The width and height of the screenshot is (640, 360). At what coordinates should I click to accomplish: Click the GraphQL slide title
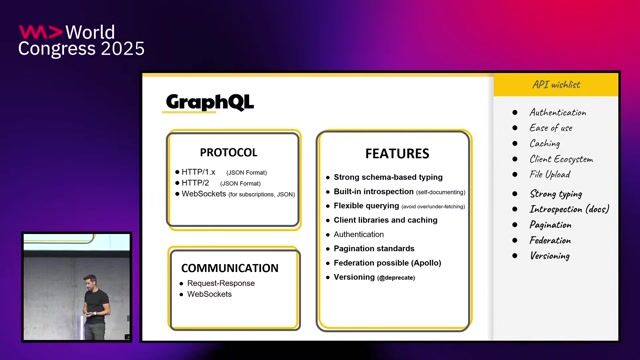(x=210, y=102)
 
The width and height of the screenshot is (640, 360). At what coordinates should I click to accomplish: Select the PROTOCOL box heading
(x=228, y=153)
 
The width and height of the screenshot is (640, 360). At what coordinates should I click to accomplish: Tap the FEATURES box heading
(x=396, y=154)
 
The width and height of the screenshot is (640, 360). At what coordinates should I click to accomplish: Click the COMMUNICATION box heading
(x=230, y=268)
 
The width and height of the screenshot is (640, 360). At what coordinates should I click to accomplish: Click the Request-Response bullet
(x=220, y=283)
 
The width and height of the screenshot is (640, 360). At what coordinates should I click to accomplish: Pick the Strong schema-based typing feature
(x=388, y=177)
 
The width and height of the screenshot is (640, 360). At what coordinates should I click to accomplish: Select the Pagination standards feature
(x=374, y=248)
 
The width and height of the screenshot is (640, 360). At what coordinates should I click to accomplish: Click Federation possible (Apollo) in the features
(x=387, y=262)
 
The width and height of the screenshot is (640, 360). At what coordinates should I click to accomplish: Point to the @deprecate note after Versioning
(x=397, y=277)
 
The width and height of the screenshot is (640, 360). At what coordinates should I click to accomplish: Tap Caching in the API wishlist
(x=545, y=143)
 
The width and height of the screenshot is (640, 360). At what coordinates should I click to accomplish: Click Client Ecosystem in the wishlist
(x=561, y=159)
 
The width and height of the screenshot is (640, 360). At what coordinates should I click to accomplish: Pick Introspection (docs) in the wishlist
(x=569, y=209)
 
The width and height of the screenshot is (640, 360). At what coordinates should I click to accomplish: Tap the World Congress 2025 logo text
(x=82, y=40)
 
